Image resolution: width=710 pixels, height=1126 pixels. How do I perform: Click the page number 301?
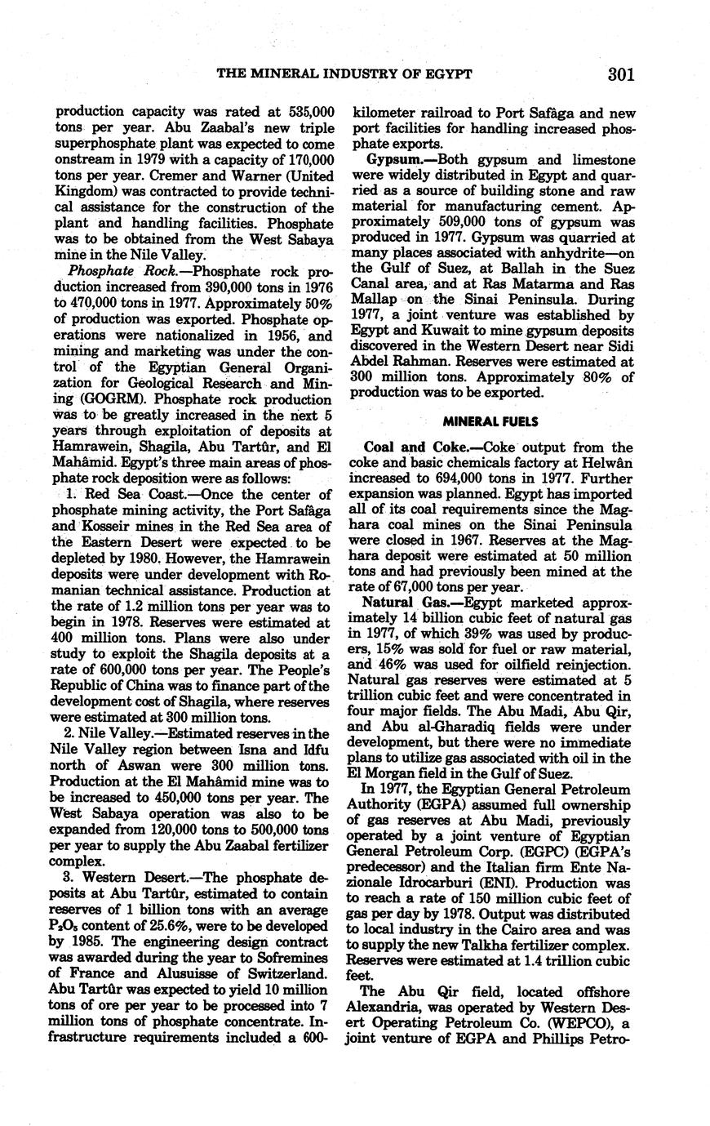621,74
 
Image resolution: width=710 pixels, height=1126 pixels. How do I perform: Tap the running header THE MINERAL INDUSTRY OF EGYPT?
344,74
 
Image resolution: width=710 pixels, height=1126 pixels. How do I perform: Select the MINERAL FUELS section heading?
490,421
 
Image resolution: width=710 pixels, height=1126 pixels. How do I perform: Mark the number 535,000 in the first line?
305,111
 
